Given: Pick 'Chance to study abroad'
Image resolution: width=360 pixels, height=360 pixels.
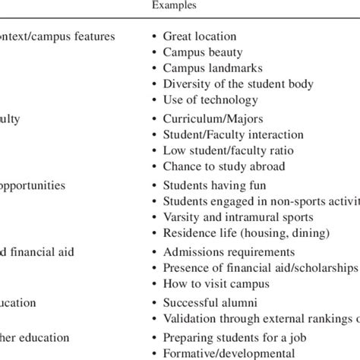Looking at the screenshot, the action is coord(224,167).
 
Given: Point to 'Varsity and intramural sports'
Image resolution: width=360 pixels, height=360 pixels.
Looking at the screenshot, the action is coord(238,217).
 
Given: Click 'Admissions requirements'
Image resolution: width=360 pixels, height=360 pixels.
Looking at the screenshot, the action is coord(229,252).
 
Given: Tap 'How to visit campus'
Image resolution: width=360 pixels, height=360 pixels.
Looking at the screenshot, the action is coord(216,284).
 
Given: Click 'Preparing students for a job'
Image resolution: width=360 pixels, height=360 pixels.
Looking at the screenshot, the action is coord(235,337).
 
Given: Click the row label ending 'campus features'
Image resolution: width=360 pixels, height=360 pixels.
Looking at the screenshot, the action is coord(57,36).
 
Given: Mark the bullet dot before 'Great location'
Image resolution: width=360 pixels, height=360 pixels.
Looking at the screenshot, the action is coord(155,36).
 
